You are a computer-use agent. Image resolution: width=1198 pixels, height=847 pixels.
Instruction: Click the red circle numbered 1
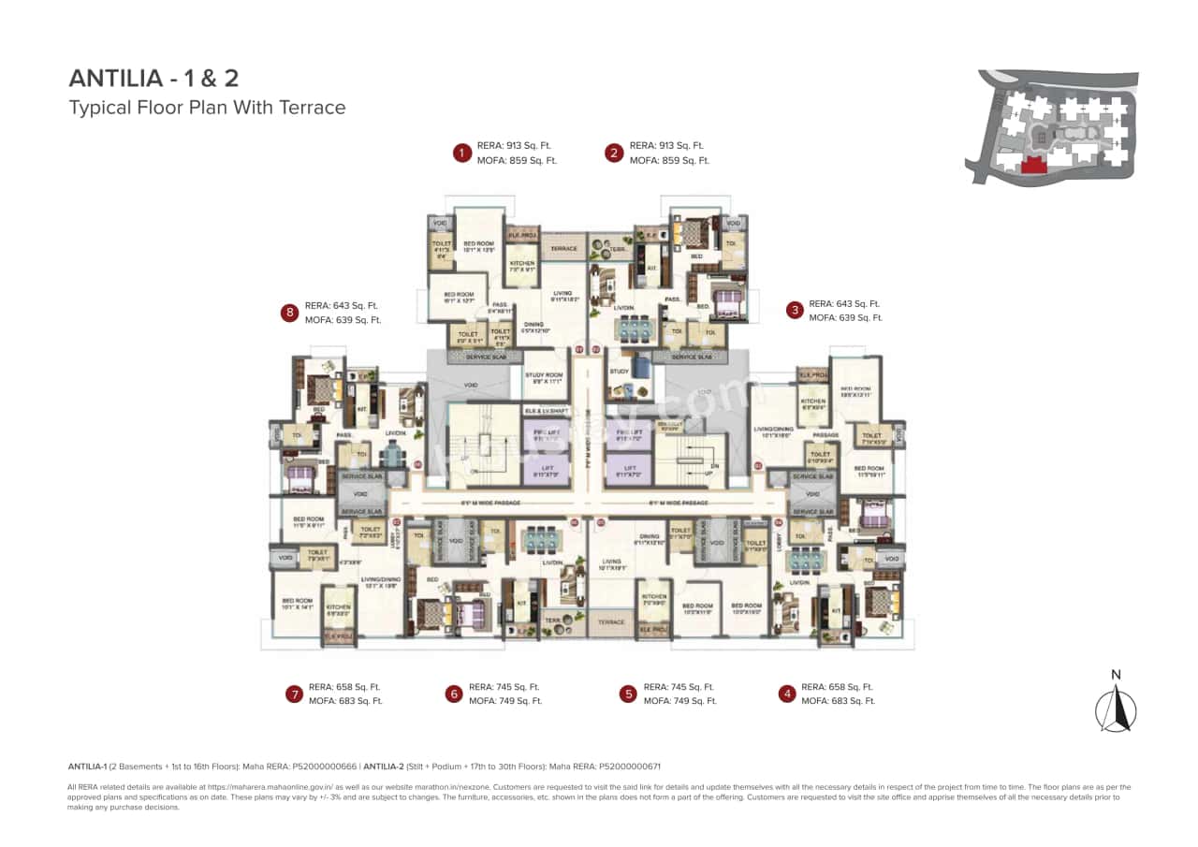tap(460, 153)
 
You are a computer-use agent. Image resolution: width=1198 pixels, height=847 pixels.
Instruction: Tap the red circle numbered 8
tap(290, 313)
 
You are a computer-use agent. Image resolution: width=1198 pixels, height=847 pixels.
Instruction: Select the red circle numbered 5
tap(628, 694)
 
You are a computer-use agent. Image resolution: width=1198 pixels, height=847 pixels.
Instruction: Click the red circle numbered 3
tap(795, 311)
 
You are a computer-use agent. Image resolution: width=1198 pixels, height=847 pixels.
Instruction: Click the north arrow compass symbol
tap(1116, 708)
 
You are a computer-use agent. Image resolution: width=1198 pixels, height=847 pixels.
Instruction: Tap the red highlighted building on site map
tap(1033, 166)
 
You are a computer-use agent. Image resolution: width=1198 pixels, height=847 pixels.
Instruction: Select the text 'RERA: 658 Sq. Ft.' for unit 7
tap(344, 687)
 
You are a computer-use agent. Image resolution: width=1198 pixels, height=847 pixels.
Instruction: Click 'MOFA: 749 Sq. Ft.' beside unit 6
tap(505, 701)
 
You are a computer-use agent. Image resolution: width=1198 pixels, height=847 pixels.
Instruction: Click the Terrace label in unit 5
tap(611, 622)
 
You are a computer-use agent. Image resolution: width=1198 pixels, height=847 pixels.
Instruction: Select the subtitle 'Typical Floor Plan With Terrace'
tap(207, 108)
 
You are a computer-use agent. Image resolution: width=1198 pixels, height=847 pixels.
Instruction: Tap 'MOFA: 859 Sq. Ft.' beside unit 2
tap(669, 160)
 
